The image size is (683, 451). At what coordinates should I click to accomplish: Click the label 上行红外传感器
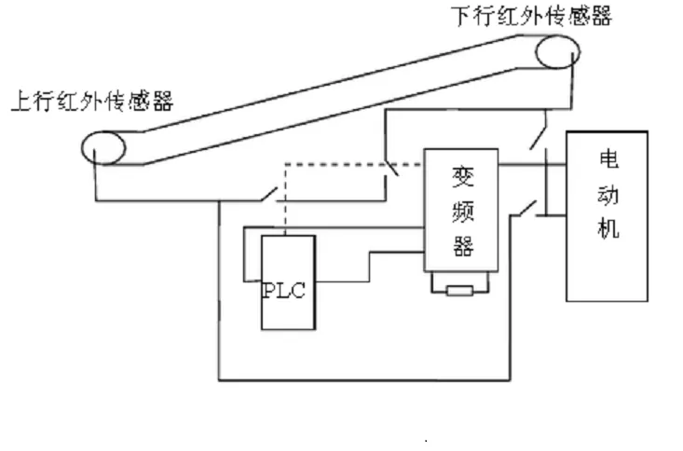90,101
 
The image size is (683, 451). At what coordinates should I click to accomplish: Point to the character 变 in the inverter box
462,176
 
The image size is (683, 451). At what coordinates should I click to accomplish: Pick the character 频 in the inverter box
462,211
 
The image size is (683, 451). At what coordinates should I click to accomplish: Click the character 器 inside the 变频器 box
462,245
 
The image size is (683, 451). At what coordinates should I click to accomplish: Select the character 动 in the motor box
608,194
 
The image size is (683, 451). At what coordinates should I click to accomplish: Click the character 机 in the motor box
608,227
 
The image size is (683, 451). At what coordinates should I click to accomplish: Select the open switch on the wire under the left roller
266,196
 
